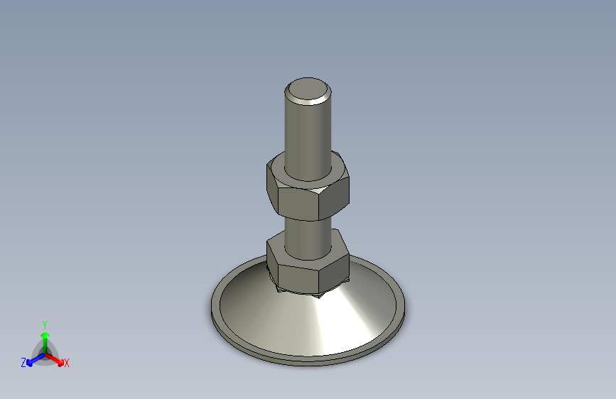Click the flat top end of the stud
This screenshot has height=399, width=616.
pyautogui.click(x=308, y=90)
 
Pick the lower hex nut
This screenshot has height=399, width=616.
pyautogui.click(x=307, y=266)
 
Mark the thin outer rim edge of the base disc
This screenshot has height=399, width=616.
pyautogui.click(x=309, y=361)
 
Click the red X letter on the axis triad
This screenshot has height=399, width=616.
pyautogui.click(x=67, y=364)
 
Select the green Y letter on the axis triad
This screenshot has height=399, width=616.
pyautogui.click(x=44, y=324)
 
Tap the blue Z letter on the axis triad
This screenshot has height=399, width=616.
pyautogui.click(x=23, y=362)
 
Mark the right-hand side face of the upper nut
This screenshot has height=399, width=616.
pyautogui.click(x=335, y=199)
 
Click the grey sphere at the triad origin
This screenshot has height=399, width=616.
pyautogui.click(x=45, y=353)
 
